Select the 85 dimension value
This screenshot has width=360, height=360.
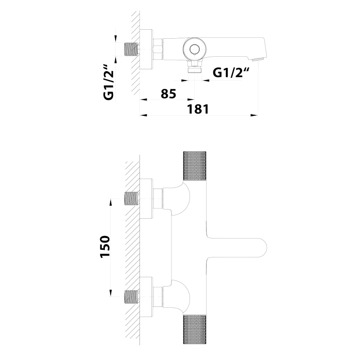[x=167, y=94]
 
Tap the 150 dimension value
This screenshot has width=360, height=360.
[x=104, y=247]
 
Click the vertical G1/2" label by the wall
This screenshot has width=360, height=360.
[x=108, y=83]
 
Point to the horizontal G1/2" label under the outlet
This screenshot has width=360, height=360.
[x=231, y=73]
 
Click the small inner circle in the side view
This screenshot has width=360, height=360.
[x=194, y=49]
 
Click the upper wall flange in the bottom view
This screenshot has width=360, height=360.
[x=146, y=198]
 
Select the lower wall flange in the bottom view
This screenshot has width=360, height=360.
[x=146, y=297]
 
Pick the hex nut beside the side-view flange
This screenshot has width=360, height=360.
[x=158, y=49]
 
